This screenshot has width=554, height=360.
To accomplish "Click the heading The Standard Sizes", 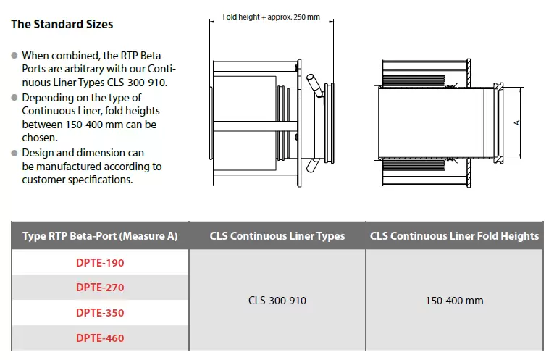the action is point(62,24).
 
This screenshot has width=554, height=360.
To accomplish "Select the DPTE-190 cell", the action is point(100,263).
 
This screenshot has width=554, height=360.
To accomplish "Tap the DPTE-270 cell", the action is point(100,288).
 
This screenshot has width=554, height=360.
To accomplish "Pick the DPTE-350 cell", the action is point(100,313).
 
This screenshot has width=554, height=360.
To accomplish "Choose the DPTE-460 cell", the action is point(100,338).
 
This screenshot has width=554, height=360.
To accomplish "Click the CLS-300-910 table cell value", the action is point(277,301).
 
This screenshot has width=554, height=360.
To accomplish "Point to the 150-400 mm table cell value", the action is point(454,301).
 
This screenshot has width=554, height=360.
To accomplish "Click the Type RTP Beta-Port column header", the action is point(100,236).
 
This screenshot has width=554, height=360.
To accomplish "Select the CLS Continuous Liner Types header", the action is point(277,236).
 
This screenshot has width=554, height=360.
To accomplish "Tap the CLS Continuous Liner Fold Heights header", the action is point(454,236).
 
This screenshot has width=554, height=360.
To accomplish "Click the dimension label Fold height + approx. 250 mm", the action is point(272,17).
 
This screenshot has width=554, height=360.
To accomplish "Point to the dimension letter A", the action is point(517,122).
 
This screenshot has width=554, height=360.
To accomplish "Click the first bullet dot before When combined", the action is point(14,56).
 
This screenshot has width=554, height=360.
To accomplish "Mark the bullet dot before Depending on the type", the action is point(14,98).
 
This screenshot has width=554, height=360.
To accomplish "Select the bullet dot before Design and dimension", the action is point(14,153).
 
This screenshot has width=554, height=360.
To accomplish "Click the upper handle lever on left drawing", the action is point(314,85).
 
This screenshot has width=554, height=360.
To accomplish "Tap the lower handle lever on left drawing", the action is point(312,165).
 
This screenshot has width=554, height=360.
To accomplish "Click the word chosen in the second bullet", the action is point(40,138).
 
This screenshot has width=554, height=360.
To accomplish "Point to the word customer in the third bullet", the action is point(43,180).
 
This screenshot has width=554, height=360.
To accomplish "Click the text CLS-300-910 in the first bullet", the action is point(137,83).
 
